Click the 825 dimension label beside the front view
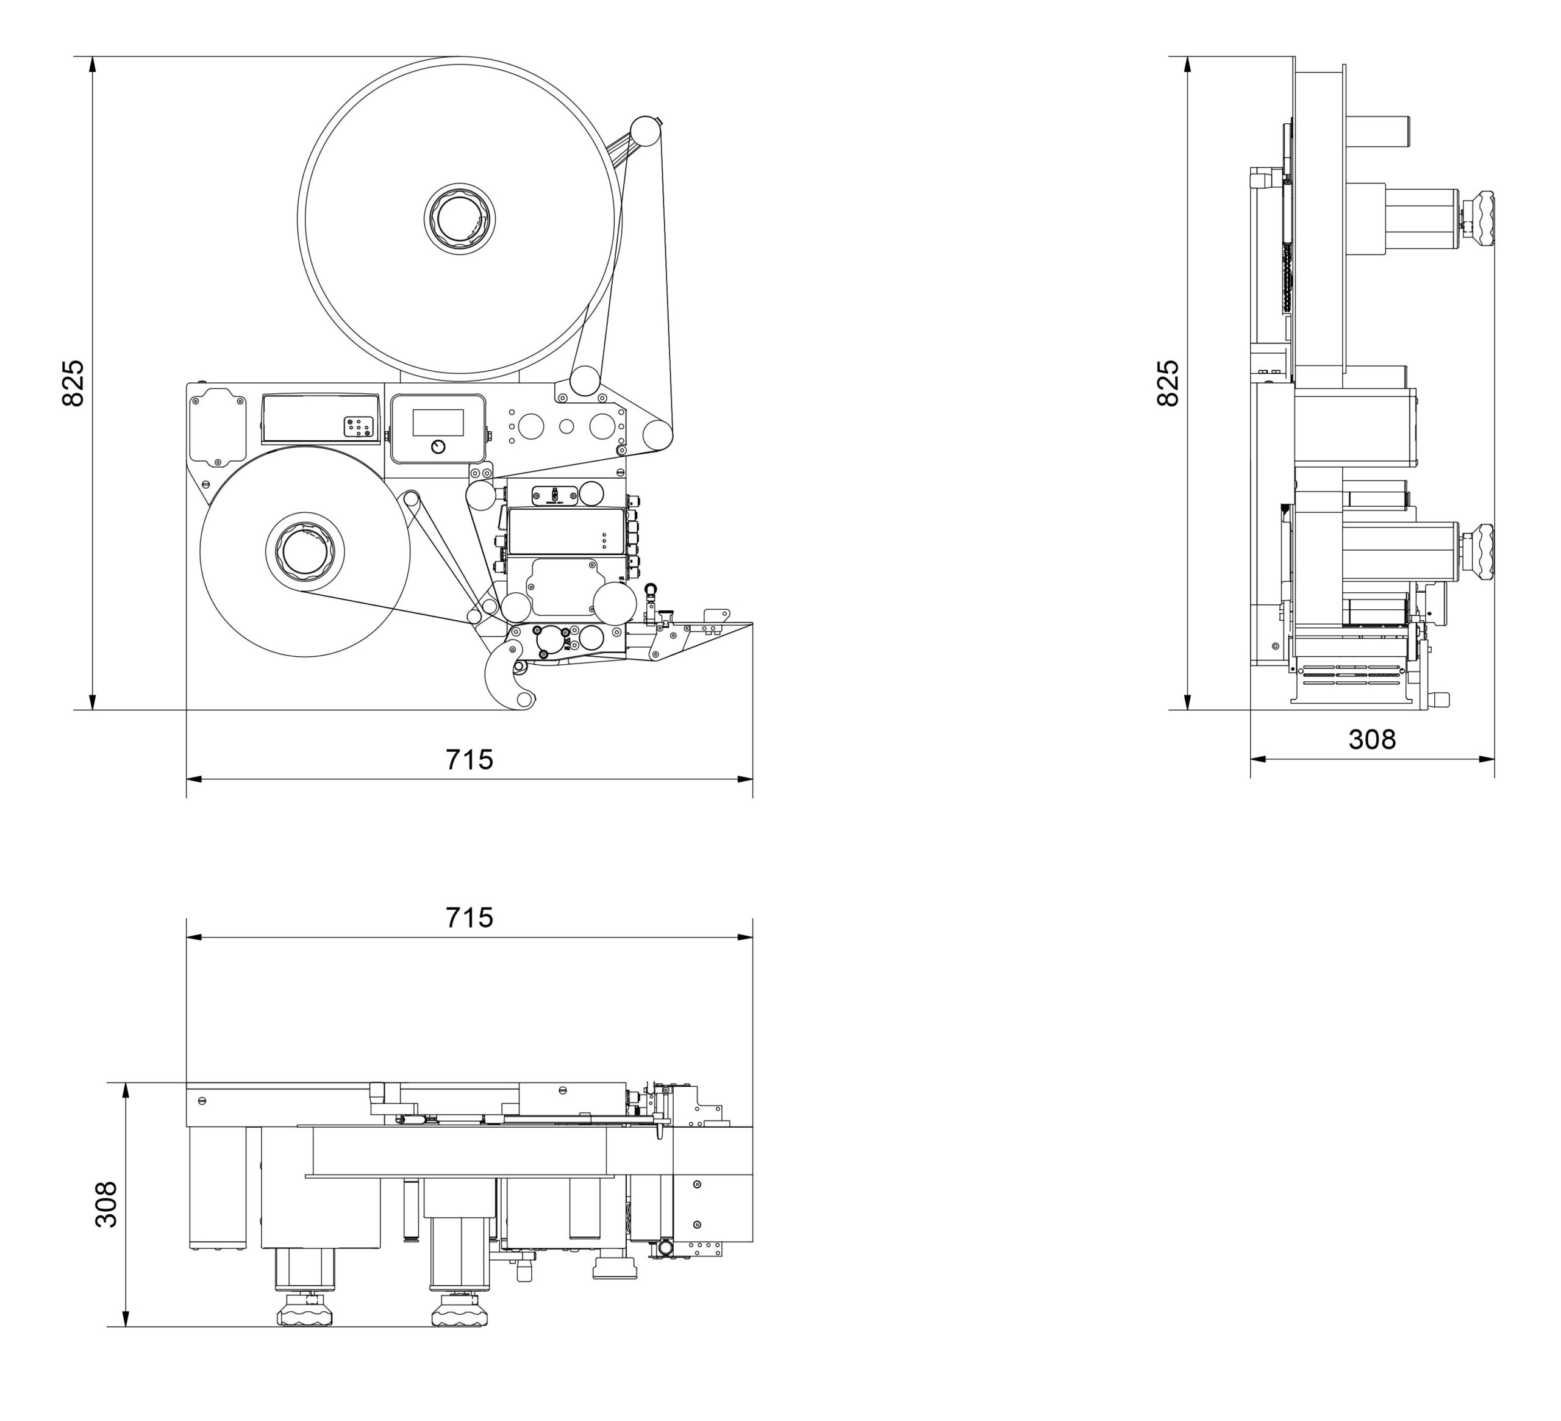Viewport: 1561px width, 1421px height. pos(72,382)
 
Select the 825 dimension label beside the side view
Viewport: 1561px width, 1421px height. pos(1167,382)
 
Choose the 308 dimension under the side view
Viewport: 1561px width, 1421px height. pos(1372,740)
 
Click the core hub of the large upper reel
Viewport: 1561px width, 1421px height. pos(459,218)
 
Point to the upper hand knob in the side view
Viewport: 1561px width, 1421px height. pos(1478,219)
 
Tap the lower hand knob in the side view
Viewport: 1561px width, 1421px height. pos(1478,551)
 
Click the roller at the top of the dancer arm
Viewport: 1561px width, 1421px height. pos(645,129)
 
